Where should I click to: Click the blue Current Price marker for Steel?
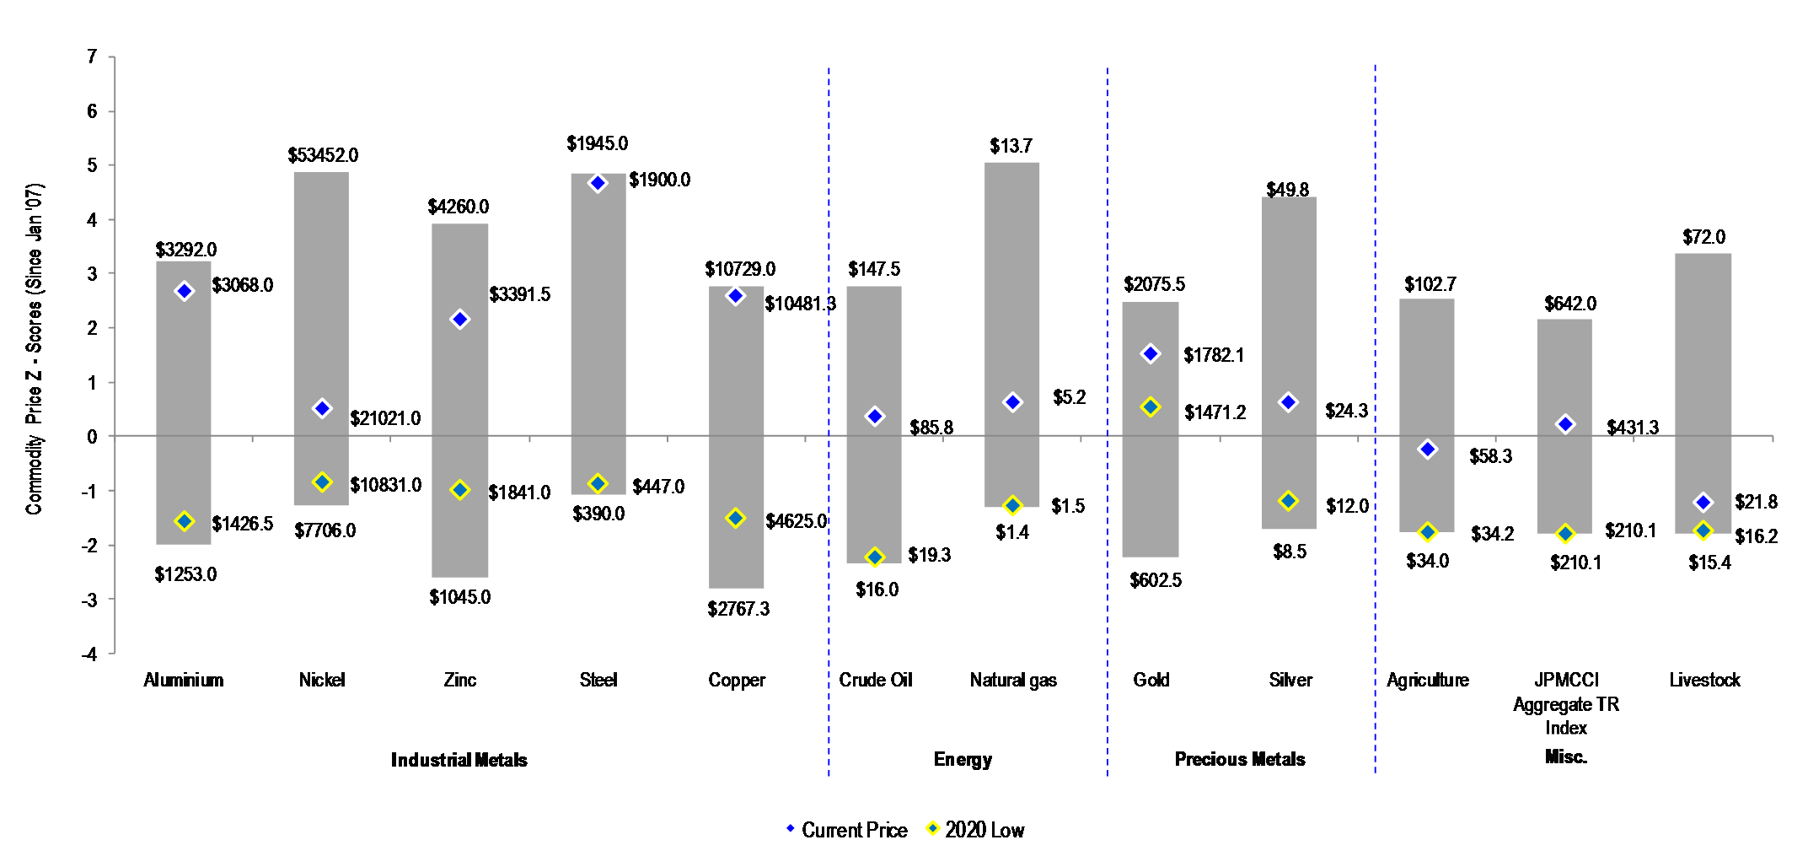tap(598, 183)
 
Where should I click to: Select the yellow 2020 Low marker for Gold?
tap(1151, 407)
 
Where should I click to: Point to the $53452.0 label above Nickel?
tap(323, 155)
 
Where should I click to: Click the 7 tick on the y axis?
tap(92, 57)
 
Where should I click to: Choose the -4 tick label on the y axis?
tap(89, 654)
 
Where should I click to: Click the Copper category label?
tap(737, 680)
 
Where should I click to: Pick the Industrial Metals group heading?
tap(459, 760)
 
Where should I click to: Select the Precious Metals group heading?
tap(1240, 759)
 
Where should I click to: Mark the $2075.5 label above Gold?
tap(1154, 284)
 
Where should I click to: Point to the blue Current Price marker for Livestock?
tap(1703, 503)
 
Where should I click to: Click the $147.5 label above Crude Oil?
tap(874, 269)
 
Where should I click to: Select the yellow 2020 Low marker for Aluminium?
tap(185, 521)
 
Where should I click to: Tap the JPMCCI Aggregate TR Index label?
tap(1566, 703)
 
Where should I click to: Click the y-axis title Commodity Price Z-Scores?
tap(34, 349)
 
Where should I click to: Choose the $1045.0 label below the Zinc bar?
tap(459, 597)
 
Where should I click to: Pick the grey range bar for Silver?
tap(1289, 337)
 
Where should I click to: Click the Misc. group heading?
tap(1566, 756)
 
